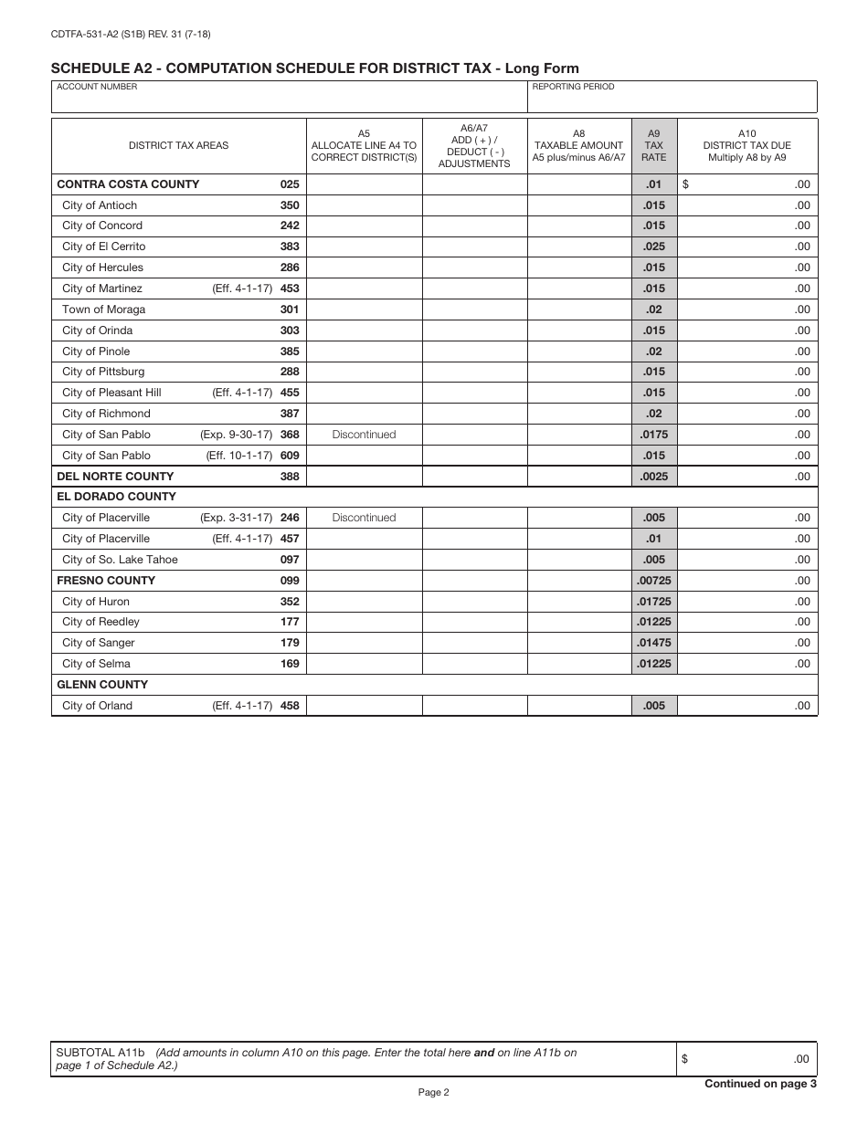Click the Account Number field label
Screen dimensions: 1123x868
point(97,87)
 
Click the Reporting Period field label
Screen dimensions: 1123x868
point(573,87)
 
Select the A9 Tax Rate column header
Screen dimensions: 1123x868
point(653,144)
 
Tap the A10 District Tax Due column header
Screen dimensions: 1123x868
point(746,144)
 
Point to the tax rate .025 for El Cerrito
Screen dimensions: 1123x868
point(653,247)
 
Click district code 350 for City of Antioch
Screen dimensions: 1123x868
point(290,205)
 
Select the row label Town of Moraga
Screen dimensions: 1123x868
point(103,310)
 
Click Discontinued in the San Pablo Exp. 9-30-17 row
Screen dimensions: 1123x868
point(364,435)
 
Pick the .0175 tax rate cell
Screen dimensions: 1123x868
point(653,435)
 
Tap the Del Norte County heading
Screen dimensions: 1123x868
point(115,477)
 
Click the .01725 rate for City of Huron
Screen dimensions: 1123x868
point(653,602)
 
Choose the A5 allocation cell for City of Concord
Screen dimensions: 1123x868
point(364,226)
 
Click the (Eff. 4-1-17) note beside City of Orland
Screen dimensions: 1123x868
point(242,706)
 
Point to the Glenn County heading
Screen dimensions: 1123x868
point(102,685)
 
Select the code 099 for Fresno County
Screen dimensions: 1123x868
point(290,581)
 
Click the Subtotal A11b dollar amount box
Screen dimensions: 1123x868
point(746,1059)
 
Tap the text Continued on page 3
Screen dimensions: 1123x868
point(760,1084)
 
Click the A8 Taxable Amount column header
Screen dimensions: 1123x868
point(578,144)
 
